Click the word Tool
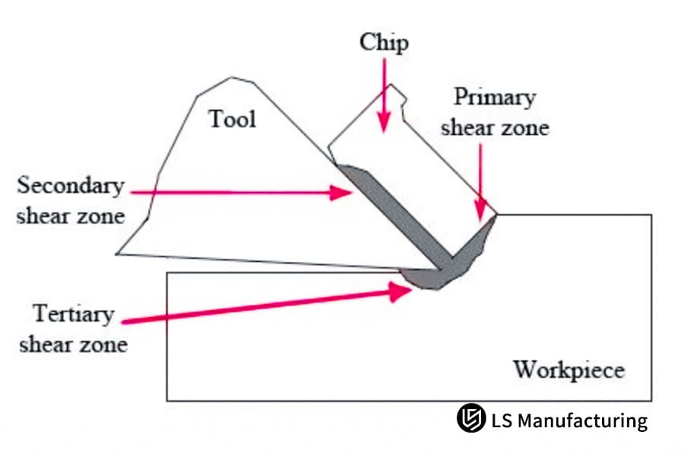click(x=233, y=119)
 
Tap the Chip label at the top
click(x=384, y=42)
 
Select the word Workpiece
click(x=569, y=370)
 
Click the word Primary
click(x=495, y=97)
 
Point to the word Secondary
click(x=70, y=186)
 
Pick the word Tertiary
click(x=73, y=314)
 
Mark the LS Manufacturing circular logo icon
click(x=470, y=420)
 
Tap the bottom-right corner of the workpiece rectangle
click(x=652, y=401)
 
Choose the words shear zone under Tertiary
click(x=73, y=344)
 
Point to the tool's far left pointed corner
click(x=118, y=253)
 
